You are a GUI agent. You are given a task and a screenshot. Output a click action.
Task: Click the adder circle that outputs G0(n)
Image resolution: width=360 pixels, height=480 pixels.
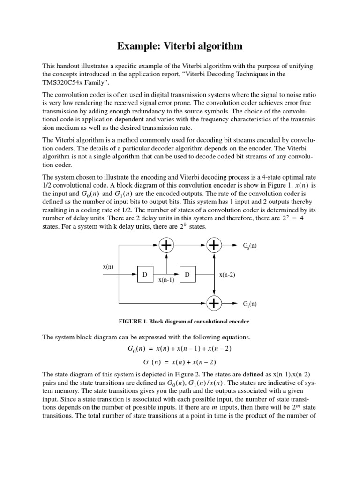214,245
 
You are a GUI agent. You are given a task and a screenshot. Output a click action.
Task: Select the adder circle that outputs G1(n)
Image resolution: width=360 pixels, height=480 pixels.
214,303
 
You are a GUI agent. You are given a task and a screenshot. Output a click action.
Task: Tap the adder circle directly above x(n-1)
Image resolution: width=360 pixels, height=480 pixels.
166,245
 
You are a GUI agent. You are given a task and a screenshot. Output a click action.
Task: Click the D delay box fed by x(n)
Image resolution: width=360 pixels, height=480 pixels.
144,274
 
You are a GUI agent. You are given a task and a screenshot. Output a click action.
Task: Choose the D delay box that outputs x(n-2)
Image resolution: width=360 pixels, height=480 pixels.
187,274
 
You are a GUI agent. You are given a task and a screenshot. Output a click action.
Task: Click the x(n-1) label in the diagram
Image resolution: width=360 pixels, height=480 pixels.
166,280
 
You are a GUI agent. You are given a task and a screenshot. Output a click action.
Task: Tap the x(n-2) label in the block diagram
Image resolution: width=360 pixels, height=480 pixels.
227,275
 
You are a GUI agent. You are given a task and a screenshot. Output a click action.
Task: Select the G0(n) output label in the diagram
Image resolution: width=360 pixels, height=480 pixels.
249,245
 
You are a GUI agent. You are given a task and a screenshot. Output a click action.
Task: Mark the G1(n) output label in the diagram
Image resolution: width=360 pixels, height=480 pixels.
249,304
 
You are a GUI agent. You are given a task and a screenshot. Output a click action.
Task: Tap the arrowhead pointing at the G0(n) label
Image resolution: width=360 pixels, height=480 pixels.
235,245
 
